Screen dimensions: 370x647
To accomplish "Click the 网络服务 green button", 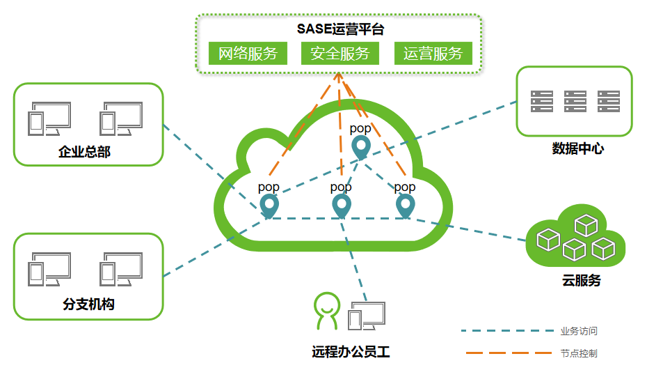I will [248, 54].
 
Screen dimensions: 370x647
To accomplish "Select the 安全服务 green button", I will [340, 54].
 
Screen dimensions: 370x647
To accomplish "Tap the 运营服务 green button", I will [433, 54].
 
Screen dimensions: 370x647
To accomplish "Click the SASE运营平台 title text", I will [340, 29].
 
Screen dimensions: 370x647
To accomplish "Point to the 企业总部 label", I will [84, 152].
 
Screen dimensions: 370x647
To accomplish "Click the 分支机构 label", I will [88, 304].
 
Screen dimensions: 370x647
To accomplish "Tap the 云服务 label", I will [581, 281].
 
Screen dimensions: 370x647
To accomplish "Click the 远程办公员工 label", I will [351, 352].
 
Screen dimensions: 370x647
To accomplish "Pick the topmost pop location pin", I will [360, 147].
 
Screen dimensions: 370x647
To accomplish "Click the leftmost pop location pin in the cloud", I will [269, 205].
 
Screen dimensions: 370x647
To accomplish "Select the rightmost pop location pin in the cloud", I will [405, 205].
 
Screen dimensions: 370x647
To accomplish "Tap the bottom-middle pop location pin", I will [341, 205].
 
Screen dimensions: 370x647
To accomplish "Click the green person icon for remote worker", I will [326, 311].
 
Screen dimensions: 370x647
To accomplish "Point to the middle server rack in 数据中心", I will [575, 101].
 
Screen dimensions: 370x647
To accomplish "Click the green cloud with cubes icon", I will [575, 238].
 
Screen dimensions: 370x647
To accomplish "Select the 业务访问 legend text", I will [579, 331].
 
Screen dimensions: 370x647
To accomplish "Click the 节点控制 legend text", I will [579, 353].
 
